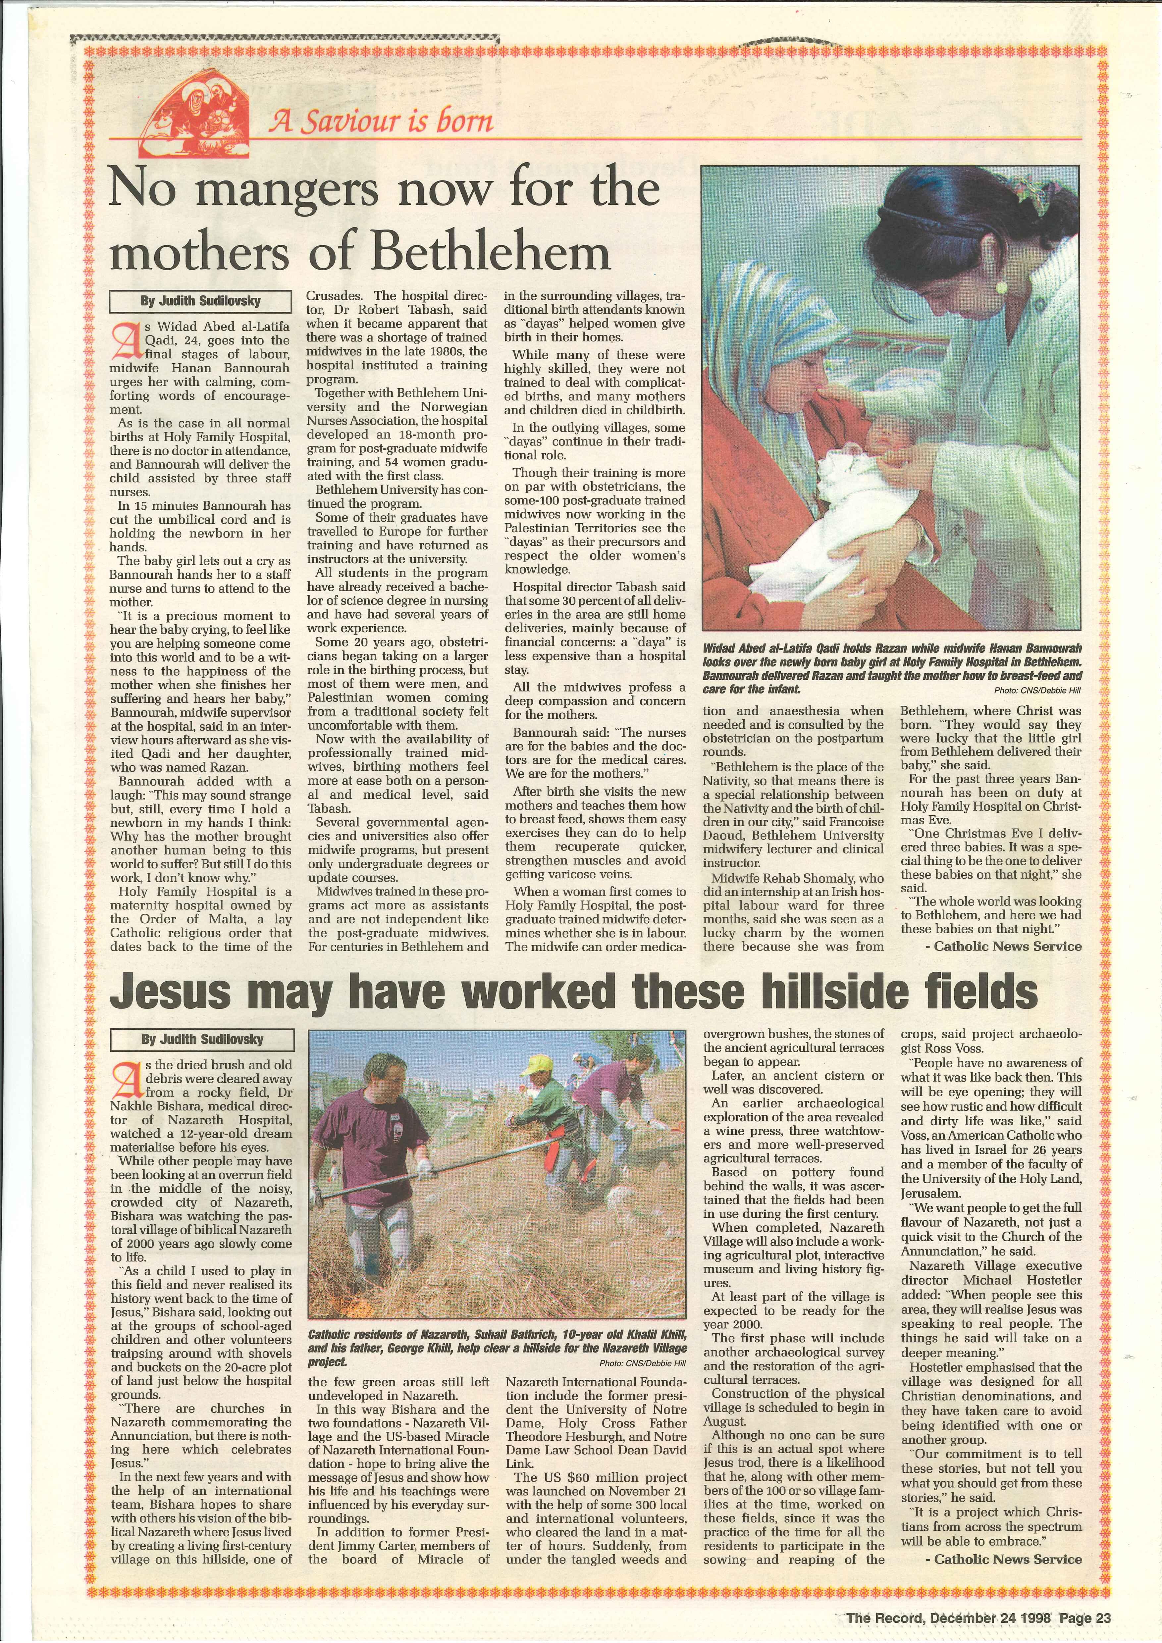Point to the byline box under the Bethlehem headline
(200, 301)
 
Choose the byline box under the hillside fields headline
(202, 1039)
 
